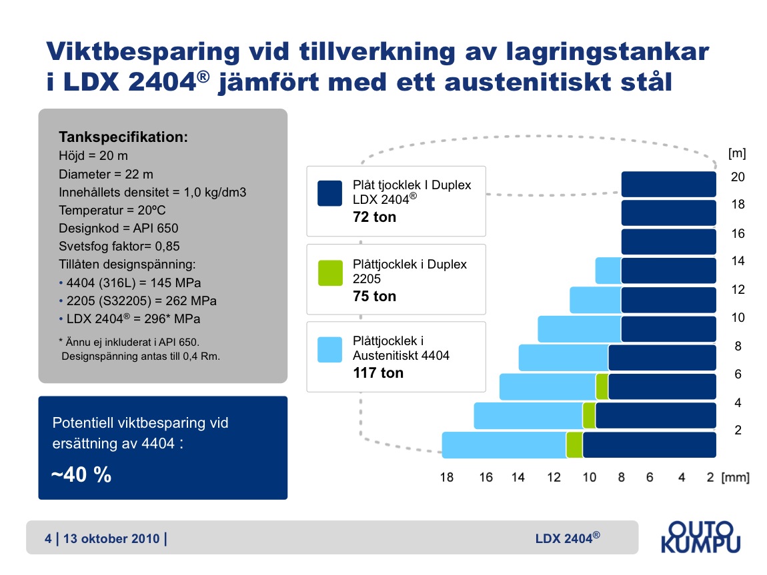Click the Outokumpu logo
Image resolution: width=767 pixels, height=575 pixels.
[700, 537]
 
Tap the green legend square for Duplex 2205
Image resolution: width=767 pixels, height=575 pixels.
[330, 273]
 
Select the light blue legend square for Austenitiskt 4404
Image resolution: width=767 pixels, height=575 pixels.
[329, 349]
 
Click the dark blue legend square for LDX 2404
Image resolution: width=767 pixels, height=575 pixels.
[329, 193]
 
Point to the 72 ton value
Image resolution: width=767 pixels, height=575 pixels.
[374, 217]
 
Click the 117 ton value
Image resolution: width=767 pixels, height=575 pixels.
[378, 372]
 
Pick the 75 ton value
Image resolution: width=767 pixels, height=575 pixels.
[374, 296]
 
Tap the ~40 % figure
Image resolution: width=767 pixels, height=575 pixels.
[81, 474]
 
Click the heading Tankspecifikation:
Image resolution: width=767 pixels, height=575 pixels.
[123, 137]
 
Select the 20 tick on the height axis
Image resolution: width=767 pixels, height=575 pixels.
[738, 177]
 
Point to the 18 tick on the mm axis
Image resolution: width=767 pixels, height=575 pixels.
[447, 477]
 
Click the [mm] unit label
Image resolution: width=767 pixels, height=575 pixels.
[735, 477]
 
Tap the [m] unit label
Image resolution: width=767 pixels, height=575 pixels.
[737, 153]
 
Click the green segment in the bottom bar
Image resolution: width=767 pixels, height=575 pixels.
[574, 445]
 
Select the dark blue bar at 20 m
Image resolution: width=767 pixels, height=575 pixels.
[669, 184]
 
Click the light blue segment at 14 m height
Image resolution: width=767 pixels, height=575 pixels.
[608, 271]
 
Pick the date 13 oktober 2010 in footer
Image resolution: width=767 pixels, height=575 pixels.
[111, 538]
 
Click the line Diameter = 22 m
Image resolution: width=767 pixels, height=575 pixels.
[105, 174]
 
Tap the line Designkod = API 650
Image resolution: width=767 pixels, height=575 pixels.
[118, 228]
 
